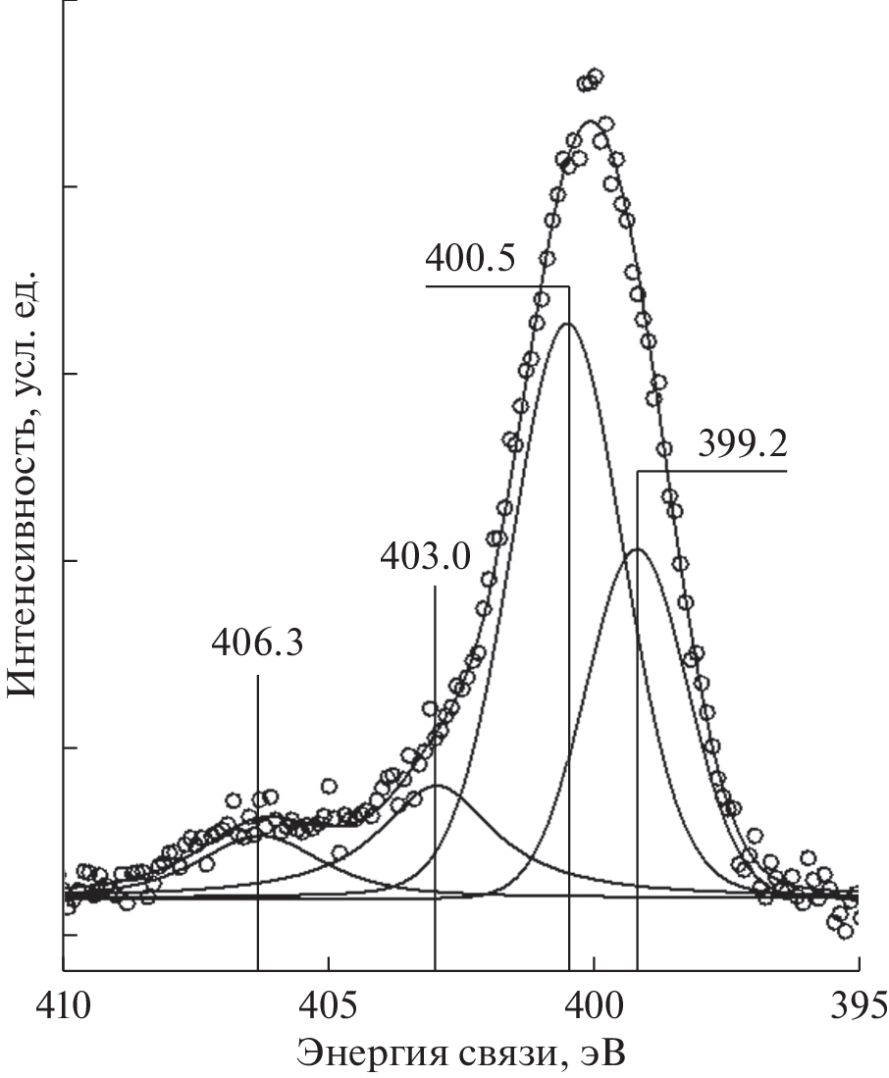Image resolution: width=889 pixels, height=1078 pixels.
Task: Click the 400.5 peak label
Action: coord(469,262)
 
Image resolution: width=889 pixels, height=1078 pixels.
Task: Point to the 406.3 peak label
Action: coord(257,646)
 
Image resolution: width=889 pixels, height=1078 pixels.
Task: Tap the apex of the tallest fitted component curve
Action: coord(567,323)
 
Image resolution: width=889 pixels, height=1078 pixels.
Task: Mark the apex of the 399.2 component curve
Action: coord(637,549)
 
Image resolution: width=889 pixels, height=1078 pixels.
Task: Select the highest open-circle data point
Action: coord(595,76)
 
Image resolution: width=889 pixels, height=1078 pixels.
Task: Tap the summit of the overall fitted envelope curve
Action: coord(590,122)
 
